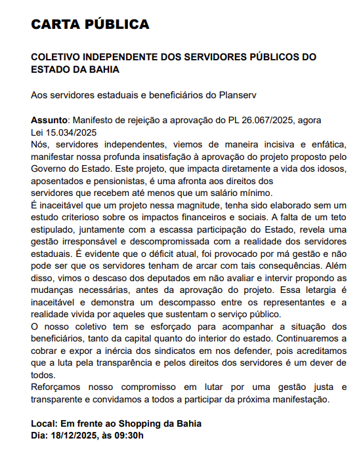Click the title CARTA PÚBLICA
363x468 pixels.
click(x=90, y=25)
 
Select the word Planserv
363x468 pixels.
click(x=236, y=95)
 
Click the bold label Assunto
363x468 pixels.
click(x=49, y=121)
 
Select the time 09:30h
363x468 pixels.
click(x=126, y=436)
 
